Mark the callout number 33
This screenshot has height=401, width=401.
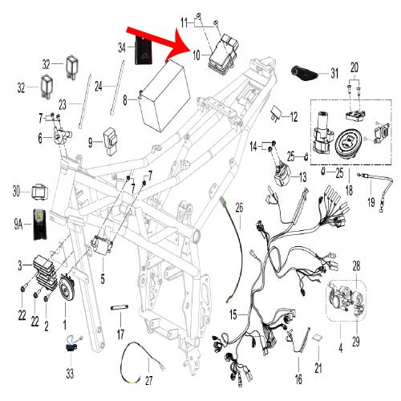[x=71, y=373]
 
